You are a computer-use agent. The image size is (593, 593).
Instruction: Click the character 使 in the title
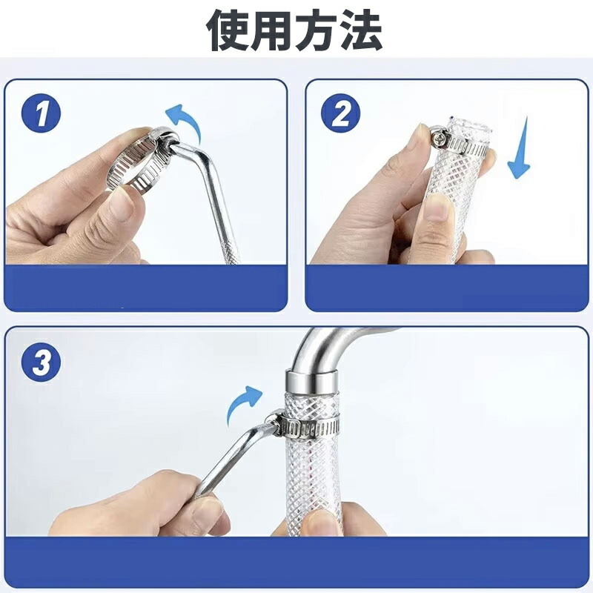[228, 30]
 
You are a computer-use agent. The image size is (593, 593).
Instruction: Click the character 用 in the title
[272, 30]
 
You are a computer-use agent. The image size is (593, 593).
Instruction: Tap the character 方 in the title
[317, 30]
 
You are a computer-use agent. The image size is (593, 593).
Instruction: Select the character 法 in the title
[362, 30]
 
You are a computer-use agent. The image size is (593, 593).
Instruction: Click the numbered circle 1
[42, 113]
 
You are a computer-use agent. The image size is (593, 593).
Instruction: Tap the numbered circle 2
[341, 113]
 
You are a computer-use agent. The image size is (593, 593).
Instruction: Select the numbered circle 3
[42, 362]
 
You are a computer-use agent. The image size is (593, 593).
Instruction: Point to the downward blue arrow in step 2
[520, 150]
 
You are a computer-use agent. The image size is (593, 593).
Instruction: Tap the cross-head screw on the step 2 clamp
[440, 138]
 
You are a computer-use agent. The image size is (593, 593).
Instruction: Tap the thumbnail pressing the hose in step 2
[439, 209]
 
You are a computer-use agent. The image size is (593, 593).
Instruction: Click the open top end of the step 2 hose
[470, 126]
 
